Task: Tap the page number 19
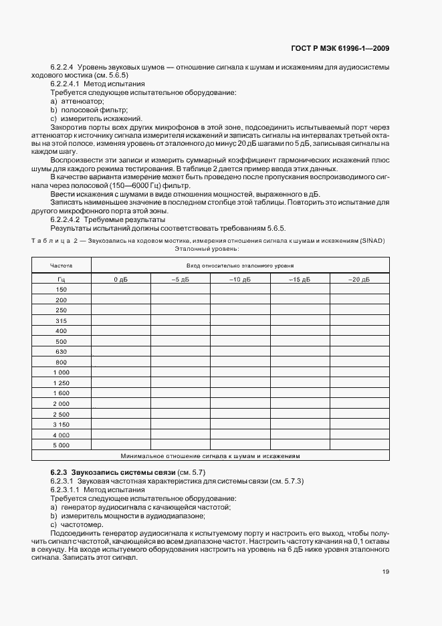(x=386, y=571)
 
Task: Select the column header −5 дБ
(x=180, y=279)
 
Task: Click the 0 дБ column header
(x=120, y=279)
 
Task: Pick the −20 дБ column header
(x=360, y=279)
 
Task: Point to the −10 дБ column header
(x=239, y=279)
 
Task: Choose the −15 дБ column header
(x=300, y=279)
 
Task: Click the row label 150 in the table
(x=62, y=289)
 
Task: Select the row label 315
(x=62, y=320)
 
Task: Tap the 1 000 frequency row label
(x=62, y=372)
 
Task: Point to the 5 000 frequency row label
(x=62, y=445)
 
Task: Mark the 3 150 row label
(x=62, y=424)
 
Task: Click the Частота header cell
(x=62, y=266)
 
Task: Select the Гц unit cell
(x=62, y=279)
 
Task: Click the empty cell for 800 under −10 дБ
(x=239, y=362)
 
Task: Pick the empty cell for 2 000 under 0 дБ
(x=120, y=403)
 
